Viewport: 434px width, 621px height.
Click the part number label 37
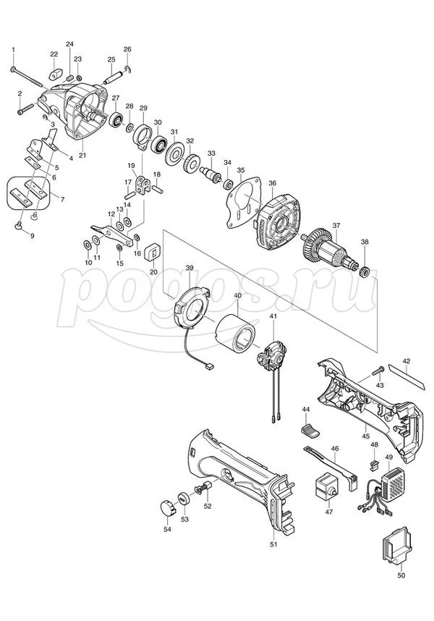pyautogui.click(x=336, y=225)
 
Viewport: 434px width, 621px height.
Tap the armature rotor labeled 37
pyautogui.click(x=330, y=250)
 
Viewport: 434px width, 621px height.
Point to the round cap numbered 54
pyautogui.click(x=167, y=507)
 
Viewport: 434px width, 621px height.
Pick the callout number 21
pyautogui.click(x=82, y=155)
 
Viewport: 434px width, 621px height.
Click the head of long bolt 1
pyautogui.click(x=13, y=69)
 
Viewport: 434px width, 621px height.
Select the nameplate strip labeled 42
pyautogui.click(x=407, y=376)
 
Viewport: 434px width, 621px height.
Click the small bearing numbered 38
pyautogui.click(x=364, y=271)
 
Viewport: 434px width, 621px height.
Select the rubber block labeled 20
pyautogui.click(x=153, y=253)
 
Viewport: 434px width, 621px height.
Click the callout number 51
pyautogui.click(x=273, y=544)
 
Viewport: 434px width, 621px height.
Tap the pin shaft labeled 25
pyautogui.click(x=114, y=77)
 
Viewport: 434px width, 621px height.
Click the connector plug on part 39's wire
pyautogui.click(x=209, y=367)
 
